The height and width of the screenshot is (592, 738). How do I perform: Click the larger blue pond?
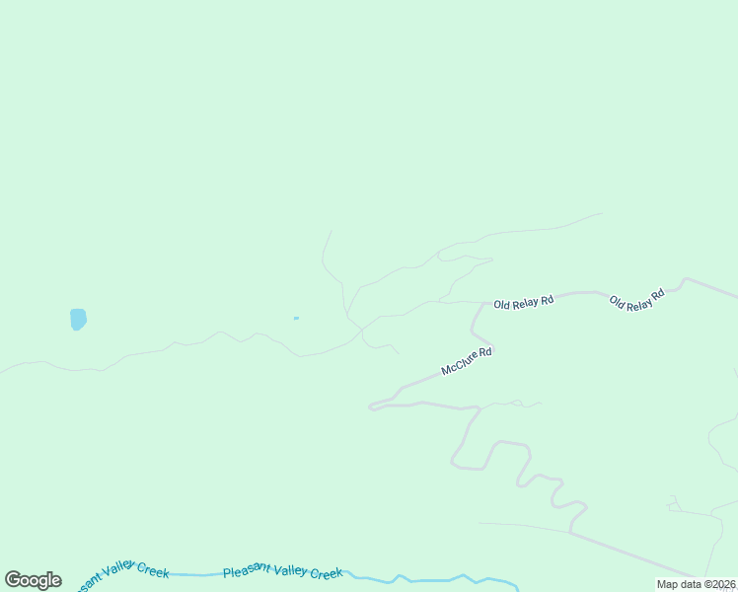(78, 319)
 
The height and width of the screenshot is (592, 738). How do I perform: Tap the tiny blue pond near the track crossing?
(296, 318)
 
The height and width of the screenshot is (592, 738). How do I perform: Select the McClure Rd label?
(466, 360)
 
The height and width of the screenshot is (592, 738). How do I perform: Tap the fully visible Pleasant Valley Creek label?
(282, 573)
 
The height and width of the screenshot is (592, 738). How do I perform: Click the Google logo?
(33, 580)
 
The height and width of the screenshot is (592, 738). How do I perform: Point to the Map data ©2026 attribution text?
(696, 584)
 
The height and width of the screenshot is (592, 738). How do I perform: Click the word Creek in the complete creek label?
(325, 573)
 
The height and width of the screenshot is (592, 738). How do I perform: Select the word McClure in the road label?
(459, 363)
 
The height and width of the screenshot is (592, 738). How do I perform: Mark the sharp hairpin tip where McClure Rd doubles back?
(371, 405)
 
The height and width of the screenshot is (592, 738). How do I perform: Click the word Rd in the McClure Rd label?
(484, 352)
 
